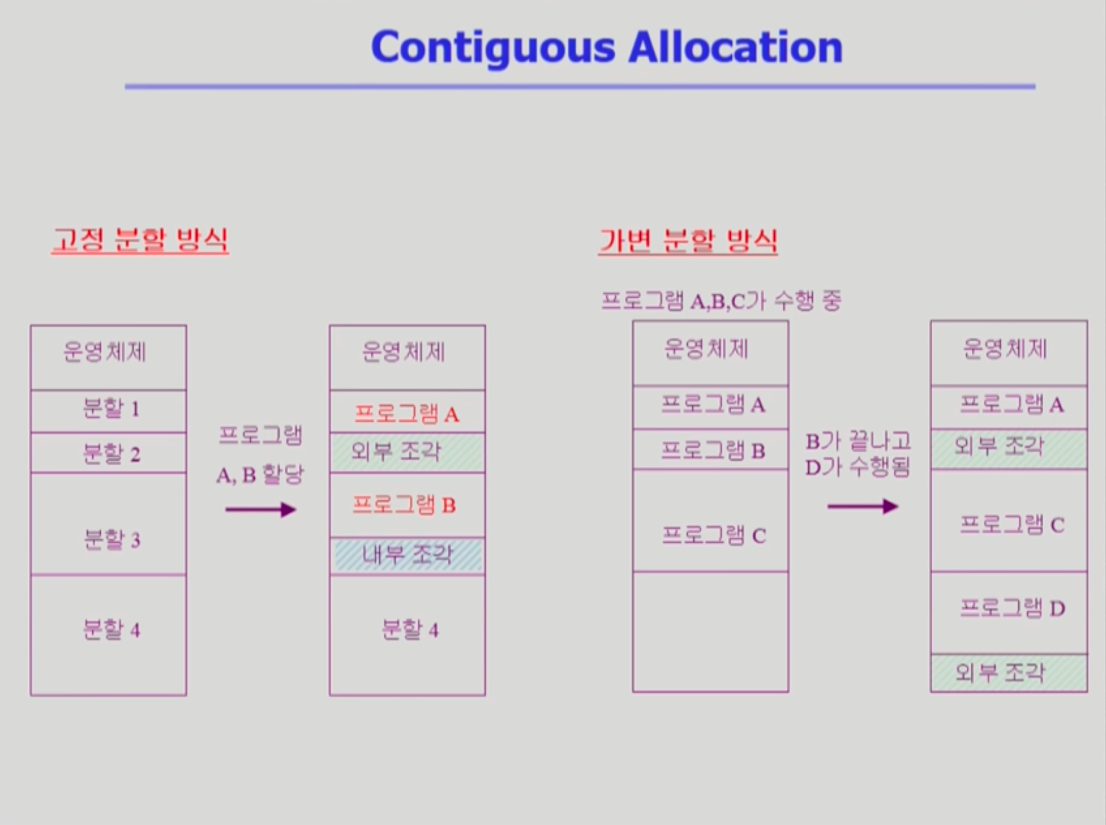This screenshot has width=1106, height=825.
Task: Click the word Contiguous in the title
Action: tap(493, 48)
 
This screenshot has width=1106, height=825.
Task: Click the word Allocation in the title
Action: tap(735, 47)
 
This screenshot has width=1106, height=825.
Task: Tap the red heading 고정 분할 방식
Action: tap(140, 240)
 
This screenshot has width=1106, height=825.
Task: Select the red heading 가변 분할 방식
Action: tap(688, 241)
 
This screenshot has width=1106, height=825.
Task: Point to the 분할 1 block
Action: tap(108, 411)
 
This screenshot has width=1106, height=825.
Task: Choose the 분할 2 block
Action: tap(108, 453)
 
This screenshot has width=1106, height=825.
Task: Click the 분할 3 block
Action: tap(108, 523)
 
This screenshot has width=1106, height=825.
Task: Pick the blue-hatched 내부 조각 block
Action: tap(407, 555)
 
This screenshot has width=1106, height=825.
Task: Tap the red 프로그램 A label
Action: tap(407, 414)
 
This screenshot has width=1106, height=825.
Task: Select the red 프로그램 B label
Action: tap(404, 505)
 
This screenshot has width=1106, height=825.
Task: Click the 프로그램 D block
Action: tap(1008, 613)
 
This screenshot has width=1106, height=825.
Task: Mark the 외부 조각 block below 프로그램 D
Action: tap(1008, 673)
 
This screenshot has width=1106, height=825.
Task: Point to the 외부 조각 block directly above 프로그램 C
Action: tap(1008, 449)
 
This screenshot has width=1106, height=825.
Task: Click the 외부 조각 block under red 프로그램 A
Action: tap(407, 453)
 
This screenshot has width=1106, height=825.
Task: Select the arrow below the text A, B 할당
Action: tap(260, 510)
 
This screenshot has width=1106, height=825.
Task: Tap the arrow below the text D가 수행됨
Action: tap(863, 507)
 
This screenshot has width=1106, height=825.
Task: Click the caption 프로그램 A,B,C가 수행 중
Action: tap(721, 300)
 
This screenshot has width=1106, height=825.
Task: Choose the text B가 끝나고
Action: tap(858, 441)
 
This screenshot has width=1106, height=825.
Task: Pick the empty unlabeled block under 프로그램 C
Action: tap(710, 632)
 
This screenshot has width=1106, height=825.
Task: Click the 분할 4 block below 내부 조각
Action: tap(407, 635)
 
